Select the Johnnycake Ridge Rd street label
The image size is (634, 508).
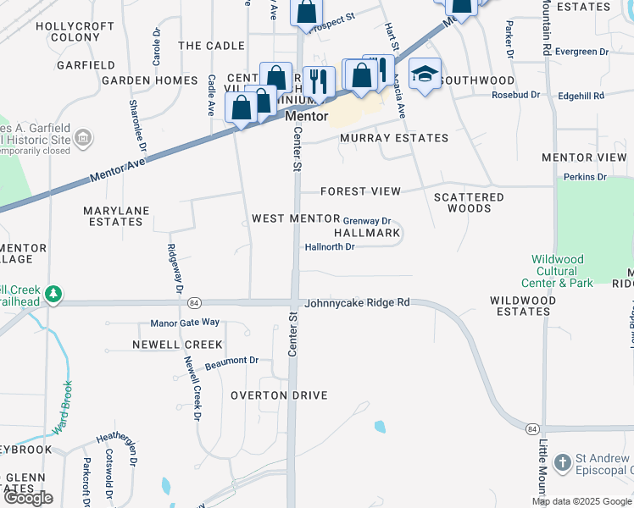coord(357,302)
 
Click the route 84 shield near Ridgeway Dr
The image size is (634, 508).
coord(195,302)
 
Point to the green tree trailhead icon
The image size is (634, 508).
coord(54,294)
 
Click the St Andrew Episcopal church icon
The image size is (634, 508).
coord(562,463)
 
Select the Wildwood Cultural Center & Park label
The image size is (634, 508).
coord(563,271)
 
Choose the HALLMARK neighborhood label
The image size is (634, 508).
coord(366,233)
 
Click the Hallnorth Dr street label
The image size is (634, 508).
coord(329,247)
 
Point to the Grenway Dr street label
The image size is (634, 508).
coord(366,220)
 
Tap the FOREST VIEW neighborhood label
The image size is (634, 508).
coord(360,191)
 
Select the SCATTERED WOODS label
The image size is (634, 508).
coord(469,202)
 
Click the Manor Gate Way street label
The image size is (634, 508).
coord(185,323)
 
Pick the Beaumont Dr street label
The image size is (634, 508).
coord(231,361)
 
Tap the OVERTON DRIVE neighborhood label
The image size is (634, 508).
coord(279,395)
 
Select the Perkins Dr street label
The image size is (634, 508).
coord(585,177)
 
